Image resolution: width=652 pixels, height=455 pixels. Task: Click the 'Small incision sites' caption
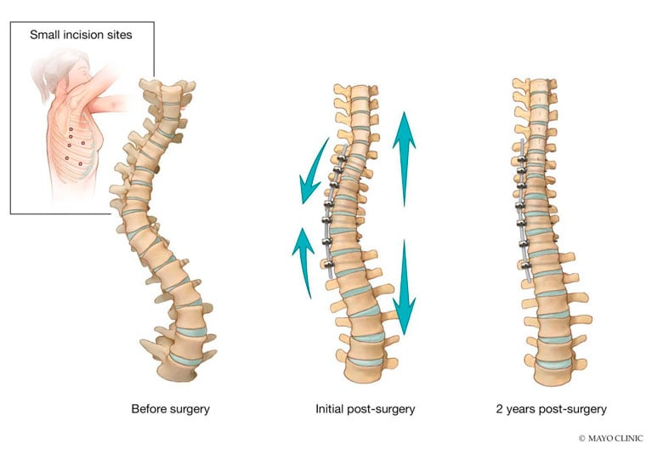coord(81,35)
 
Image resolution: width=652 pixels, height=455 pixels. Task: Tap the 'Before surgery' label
coord(171,409)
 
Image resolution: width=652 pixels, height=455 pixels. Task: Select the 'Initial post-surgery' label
coord(365,409)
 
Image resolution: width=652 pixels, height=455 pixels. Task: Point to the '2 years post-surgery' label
coord(552,409)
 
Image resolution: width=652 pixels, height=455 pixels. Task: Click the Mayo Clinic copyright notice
coord(611,438)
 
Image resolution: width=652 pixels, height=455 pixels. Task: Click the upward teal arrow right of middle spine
coord(404,158)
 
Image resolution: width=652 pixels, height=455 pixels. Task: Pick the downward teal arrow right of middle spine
coord(404,287)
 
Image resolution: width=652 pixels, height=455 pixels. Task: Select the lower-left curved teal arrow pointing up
coord(304,261)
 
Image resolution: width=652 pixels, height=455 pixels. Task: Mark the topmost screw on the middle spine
coord(342,158)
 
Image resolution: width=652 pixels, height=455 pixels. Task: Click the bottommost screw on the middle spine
coord(328,264)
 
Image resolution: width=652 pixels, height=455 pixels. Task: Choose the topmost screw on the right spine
coord(522,159)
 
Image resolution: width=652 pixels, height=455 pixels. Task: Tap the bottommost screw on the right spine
coord(525,265)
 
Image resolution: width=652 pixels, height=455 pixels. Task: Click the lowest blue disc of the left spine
coord(185,360)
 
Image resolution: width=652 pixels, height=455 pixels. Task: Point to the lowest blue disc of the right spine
coord(554,364)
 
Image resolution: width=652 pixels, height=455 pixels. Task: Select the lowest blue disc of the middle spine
coord(365,361)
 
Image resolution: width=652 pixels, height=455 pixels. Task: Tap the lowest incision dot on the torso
coord(80,164)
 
